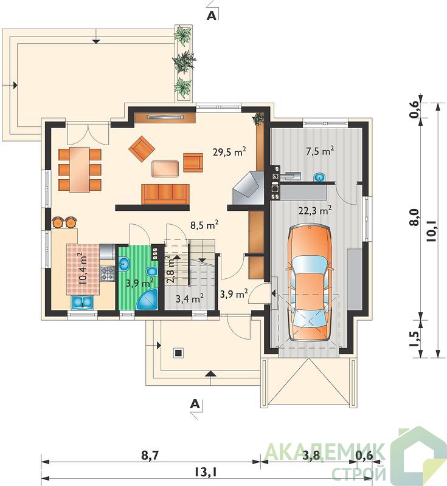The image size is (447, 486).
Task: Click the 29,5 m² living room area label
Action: coord(229,152)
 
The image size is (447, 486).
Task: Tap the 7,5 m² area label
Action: coord(320,151)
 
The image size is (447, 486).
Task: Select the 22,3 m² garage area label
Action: coord(315,211)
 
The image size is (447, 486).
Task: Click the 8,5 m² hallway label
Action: coord(204,225)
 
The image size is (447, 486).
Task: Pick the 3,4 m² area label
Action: coord(190,299)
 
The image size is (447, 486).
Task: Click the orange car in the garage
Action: coord(310,283)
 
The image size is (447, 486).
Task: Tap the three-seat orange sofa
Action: coord(165,194)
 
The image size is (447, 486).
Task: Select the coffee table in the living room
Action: coord(165,169)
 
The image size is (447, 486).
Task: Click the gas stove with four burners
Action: coord(108,274)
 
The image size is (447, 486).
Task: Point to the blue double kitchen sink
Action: coord(83,303)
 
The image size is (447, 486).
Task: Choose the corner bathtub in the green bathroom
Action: coord(148,299)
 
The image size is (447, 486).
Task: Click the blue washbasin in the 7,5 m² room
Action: coord(319,177)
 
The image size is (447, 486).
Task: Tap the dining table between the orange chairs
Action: coord(80,170)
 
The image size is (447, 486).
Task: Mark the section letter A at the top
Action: coord(211,16)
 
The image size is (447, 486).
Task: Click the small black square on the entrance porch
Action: coord(178,353)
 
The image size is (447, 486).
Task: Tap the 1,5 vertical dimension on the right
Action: coord(414,340)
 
